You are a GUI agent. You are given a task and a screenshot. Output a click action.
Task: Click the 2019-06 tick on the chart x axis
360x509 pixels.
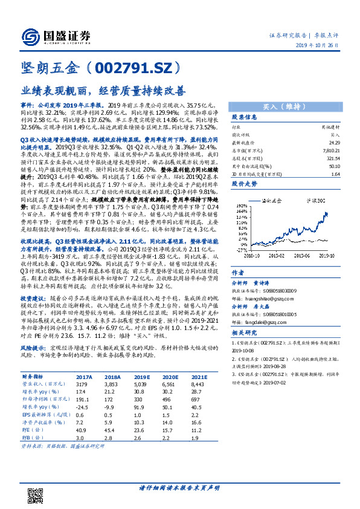309,256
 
